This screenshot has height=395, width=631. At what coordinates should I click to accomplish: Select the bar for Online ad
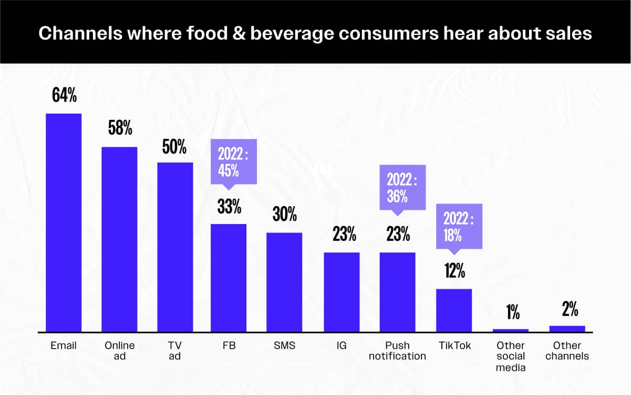tap(119, 239)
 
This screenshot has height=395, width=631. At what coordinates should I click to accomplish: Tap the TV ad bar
tap(175, 247)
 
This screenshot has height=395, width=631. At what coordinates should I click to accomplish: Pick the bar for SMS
tap(284, 282)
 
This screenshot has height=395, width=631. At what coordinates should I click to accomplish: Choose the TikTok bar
tap(454, 310)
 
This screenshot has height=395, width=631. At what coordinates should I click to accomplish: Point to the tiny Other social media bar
tap(510, 330)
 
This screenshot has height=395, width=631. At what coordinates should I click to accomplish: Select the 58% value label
tap(120, 128)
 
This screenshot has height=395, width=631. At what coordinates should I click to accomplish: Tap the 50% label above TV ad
tap(174, 147)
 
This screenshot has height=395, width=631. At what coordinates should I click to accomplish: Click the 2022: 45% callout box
tap(233, 162)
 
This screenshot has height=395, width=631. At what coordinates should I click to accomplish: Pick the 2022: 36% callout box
tap(403, 188)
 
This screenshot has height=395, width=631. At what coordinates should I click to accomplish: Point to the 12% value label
tap(454, 272)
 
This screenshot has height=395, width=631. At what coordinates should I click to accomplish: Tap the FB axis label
tap(229, 346)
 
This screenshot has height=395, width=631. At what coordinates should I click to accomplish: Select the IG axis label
tap(342, 346)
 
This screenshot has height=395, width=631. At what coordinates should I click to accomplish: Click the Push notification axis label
tap(397, 351)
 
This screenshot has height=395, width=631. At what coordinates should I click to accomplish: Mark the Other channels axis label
tap(567, 351)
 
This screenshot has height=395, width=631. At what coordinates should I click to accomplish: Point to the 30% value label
tap(284, 215)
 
